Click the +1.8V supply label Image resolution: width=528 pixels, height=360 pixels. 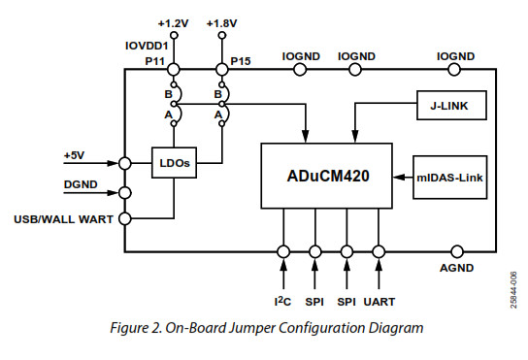223,22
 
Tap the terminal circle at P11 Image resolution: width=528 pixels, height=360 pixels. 175,69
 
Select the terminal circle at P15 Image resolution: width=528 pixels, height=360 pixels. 223,69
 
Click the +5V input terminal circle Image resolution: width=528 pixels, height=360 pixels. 125,163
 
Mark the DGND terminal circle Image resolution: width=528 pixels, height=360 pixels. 125,192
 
